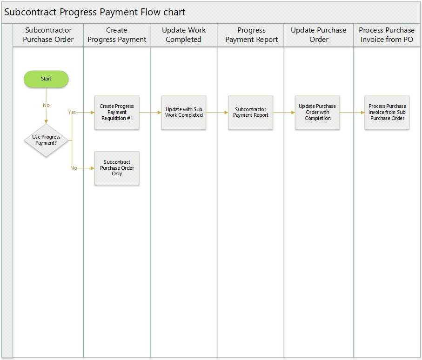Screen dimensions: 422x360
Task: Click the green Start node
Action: tap(46, 79)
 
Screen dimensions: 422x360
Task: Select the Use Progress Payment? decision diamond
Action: tap(46, 140)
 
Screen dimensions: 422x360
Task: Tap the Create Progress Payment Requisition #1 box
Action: tap(117, 113)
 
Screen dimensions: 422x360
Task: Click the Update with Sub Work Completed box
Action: tap(183, 113)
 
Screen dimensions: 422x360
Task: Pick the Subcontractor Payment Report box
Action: tap(251, 113)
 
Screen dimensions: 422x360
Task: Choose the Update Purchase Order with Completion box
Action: tap(317, 113)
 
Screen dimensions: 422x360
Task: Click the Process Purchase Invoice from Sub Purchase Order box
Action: tap(387, 113)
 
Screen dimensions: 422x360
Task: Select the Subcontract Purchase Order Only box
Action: tap(117, 168)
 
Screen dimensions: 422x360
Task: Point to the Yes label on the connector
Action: tap(72, 112)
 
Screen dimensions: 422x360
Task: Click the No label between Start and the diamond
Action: tap(46, 105)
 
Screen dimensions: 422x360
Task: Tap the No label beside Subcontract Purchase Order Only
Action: tap(74, 168)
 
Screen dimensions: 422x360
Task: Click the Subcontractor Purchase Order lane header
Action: tap(48, 35)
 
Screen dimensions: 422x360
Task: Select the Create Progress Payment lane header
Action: tap(117, 35)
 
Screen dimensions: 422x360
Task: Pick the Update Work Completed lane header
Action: tap(183, 35)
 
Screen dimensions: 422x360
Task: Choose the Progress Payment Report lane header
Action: tap(251, 35)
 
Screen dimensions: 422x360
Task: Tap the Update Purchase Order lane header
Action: tap(319, 35)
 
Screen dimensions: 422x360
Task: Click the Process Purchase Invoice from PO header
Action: tap(387, 35)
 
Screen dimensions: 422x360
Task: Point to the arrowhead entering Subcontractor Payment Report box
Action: tap(226, 113)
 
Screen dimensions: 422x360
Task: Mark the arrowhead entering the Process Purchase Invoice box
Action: tap(363, 113)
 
